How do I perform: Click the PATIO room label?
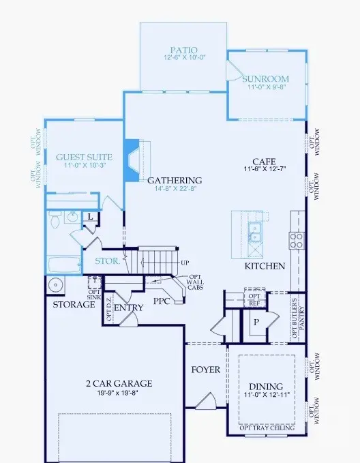(x=184, y=50)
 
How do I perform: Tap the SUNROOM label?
(x=266, y=78)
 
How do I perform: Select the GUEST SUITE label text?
(x=84, y=157)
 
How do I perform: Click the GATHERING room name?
(x=175, y=181)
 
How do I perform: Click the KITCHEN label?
(x=265, y=266)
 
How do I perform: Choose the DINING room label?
(x=267, y=385)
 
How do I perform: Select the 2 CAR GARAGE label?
(x=119, y=383)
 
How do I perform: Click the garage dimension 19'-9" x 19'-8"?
(x=119, y=393)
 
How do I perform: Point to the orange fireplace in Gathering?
(x=132, y=160)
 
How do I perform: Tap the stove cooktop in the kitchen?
(x=297, y=239)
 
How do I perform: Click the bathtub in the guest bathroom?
(x=65, y=265)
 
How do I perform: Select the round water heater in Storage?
(x=55, y=284)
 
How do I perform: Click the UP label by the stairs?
(x=184, y=262)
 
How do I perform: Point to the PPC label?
(x=162, y=300)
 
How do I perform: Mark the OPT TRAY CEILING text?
(x=267, y=427)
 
